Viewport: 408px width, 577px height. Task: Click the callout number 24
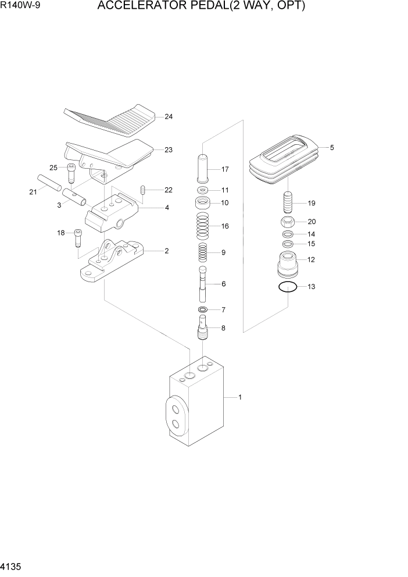pos(169,117)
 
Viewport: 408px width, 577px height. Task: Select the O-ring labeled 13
pos(288,286)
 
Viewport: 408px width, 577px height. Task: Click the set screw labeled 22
pos(143,190)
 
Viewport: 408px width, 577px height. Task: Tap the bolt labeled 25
pos(71,173)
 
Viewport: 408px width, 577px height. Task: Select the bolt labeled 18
pos(77,237)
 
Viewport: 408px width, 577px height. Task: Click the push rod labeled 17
pos(203,169)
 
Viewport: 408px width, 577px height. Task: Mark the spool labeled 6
pos(203,283)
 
